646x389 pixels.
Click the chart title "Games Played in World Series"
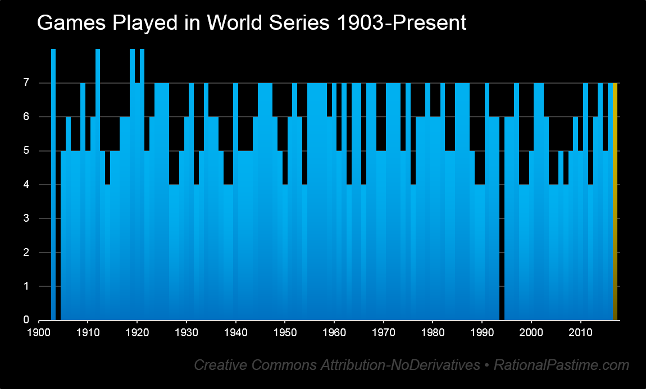[x=184, y=23]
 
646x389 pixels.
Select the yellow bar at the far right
[x=615, y=202]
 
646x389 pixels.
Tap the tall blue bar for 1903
[x=53, y=185]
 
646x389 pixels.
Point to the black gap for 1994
[x=502, y=218]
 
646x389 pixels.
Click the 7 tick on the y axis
[x=26, y=83]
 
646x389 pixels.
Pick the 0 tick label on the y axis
[x=26, y=320]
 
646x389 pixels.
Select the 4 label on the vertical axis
[x=26, y=185]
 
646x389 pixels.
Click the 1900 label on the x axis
[x=39, y=332]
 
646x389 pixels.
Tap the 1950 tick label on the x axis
[x=285, y=332]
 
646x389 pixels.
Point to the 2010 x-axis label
[x=580, y=332]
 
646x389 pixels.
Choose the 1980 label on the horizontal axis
[x=433, y=332]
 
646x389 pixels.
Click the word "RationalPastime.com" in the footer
[x=562, y=365]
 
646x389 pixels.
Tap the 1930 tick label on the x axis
[x=186, y=332]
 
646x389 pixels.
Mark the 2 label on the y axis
[x=26, y=253]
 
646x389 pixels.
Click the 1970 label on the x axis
[x=384, y=332]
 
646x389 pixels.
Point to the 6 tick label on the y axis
[x=26, y=117]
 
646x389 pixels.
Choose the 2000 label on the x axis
[x=531, y=332]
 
